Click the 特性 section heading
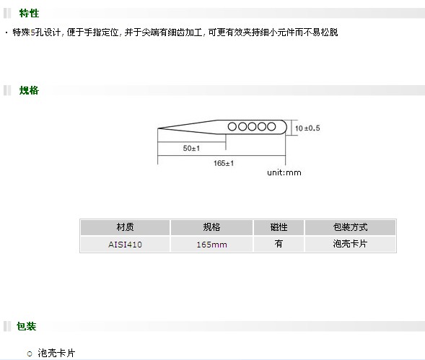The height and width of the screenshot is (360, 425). coord(29,13)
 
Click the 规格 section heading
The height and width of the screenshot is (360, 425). coord(29,90)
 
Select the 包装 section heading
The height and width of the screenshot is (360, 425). coord(26,326)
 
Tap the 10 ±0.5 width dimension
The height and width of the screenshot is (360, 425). coord(307,128)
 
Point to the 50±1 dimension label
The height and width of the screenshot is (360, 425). coord(191,149)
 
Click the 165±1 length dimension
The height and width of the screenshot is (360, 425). coord(224,163)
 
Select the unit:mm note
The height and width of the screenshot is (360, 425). coord(284,172)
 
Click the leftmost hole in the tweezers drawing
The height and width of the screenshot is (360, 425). coord(232,126)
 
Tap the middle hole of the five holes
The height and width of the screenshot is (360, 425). coord(252,126)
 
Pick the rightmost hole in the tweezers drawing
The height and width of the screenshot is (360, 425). coord(271,126)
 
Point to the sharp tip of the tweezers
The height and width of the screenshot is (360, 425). coord(158,128)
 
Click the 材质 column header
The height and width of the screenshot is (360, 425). coord(125,227)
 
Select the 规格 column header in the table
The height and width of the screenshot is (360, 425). coord(211,227)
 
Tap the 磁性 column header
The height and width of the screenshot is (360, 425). coord(279,227)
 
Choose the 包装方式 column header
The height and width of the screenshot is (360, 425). coord(350,227)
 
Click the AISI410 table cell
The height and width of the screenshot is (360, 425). coord(125,245)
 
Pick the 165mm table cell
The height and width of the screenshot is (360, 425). coord(211,245)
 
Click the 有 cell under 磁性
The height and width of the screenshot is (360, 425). coord(279,244)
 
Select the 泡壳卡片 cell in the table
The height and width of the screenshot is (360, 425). coord(350,244)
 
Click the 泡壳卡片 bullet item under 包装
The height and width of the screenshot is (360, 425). coord(56,353)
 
